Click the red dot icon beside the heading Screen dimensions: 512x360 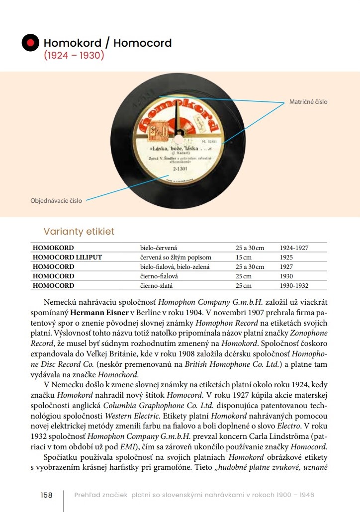(30, 43)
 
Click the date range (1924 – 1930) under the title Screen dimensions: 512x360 (74, 55)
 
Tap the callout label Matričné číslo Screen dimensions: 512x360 (308, 102)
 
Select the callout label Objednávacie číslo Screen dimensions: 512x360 (57, 201)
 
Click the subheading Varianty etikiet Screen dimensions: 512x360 (79, 231)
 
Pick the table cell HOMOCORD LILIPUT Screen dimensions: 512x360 (67, 257)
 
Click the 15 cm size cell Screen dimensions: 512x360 (244, 257)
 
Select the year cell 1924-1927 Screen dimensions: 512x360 (294, 248)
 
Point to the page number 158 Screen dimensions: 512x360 (47, 495)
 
